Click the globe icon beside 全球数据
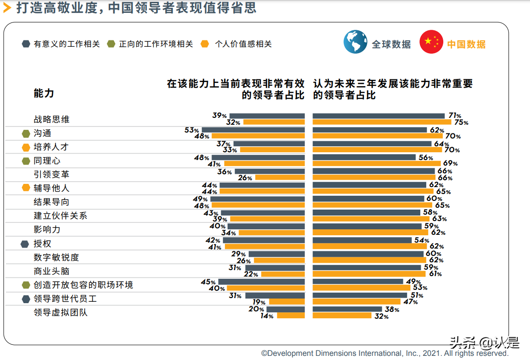pos(355,42)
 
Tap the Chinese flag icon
pos(431,42)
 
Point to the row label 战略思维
pos(51,119)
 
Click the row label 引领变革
pos(51,174)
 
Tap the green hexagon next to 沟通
pos(26,133)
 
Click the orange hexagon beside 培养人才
pos(26,147)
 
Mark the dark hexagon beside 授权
pos(25,244)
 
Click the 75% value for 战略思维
pos(461,122)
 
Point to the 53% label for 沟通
pos(191,130)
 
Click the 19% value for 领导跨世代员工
pos(259,302)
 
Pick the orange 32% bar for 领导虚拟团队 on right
pos(342,316)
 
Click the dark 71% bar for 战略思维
pos(379,116)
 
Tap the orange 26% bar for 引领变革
pos(279,177)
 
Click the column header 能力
pos(44,94)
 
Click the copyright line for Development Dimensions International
pos(385,354)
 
